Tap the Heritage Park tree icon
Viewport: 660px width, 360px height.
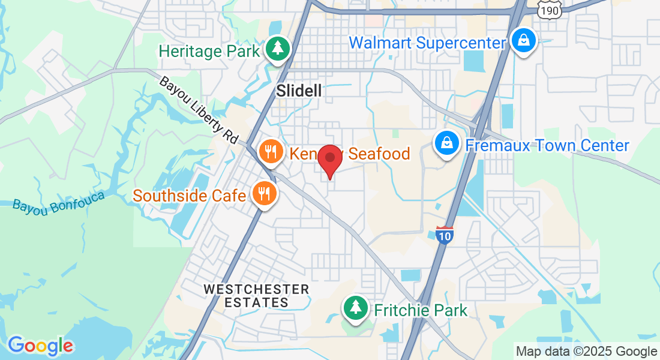278,49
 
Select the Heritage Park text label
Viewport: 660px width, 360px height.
209,50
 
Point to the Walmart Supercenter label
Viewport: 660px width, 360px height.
428,43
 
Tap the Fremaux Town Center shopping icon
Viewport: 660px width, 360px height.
447,144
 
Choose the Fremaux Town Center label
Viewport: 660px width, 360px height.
547,145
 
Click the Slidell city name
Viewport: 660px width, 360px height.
299,91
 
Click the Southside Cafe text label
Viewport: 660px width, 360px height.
190,196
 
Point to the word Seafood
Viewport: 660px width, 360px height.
379,154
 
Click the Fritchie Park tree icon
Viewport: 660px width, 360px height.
355,308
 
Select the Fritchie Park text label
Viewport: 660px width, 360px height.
421,310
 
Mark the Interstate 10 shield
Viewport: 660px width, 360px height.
444,235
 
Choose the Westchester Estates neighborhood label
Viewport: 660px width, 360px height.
256,296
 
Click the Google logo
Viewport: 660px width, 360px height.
40,346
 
